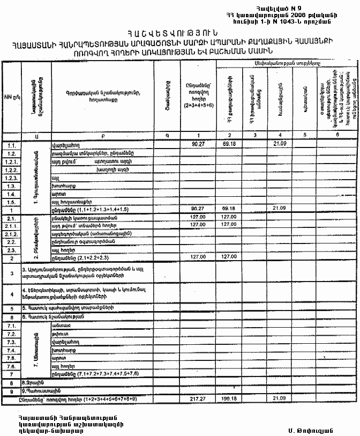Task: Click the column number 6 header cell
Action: pyautogui.click(x=337, y=135)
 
